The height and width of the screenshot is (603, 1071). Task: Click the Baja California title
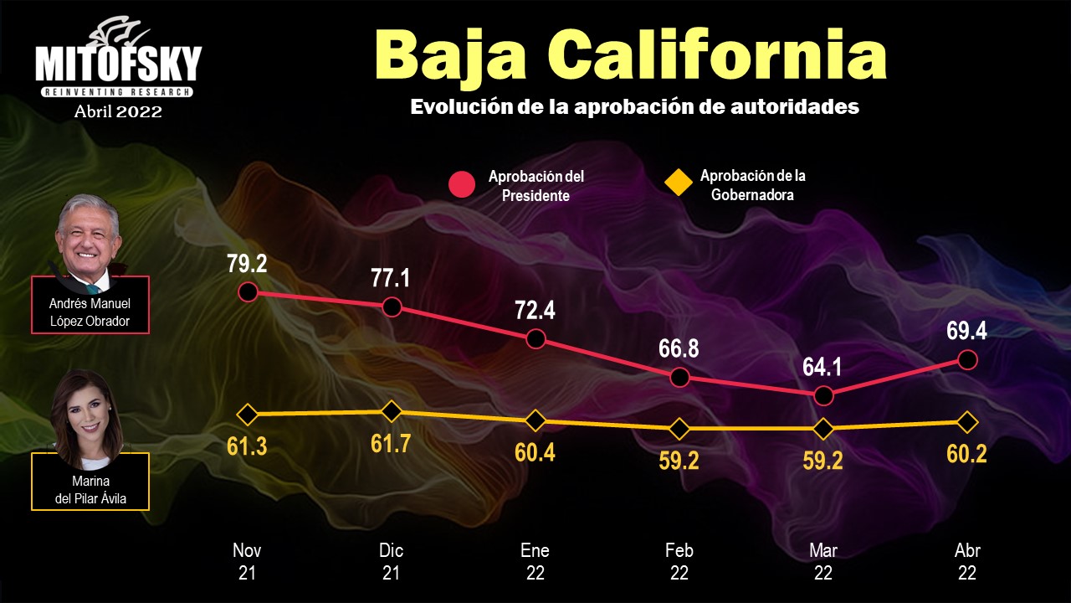point(631,54)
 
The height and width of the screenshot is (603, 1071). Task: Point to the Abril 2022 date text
point(118,111)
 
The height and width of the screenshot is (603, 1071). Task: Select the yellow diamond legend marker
point(678,182)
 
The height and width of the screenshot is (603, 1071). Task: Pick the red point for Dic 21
point(392,307)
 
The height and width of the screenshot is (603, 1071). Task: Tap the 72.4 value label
point(535,312)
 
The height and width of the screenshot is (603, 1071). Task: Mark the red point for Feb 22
point(679,377)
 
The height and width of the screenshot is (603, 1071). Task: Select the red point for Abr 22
point(967,359)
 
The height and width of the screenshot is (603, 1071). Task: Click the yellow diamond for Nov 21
point(247,414)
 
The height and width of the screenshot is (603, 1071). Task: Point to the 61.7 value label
point(391,443)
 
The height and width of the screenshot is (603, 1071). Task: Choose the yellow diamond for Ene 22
point(535,420)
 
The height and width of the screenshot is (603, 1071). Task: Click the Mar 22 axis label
point(823,562)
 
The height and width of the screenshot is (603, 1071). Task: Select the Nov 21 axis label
point(247,562)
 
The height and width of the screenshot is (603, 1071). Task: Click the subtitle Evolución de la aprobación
point(634,107)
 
